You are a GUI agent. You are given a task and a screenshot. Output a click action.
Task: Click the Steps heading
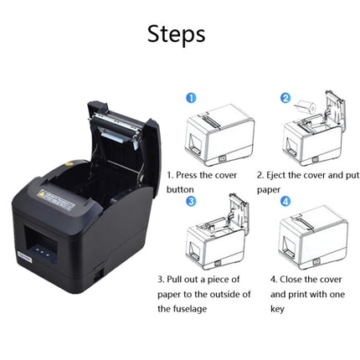coord(176,34)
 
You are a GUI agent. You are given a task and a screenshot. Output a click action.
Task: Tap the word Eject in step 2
coord(281,176)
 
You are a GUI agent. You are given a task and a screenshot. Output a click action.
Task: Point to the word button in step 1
coord(181,189)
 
